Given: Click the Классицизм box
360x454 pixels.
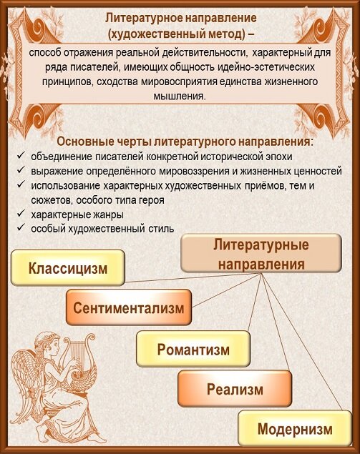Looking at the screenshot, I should coord(67,270).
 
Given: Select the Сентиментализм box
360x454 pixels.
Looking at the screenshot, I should coord(128,309).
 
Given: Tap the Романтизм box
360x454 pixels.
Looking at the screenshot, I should coord(193,350).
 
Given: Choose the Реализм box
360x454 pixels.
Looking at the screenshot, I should coord(235,390).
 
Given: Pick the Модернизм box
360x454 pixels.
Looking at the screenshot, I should coord(295,429).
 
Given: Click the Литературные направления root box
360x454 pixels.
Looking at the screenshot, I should coord(261,255).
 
